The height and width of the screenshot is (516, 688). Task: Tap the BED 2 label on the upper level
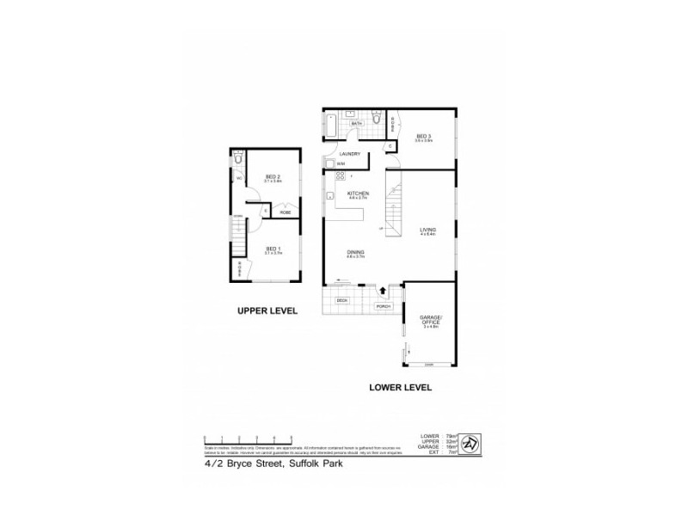[273, 177]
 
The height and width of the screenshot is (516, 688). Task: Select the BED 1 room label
[273, 249]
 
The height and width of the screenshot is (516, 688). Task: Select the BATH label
[357, 124]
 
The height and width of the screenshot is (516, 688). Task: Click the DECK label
[341, 299]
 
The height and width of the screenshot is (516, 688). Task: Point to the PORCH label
[383, 306]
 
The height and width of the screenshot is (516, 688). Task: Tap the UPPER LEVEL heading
[267, 311]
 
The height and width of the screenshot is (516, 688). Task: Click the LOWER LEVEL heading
[399, 387]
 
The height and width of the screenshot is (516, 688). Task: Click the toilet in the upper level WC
[239, 157]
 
